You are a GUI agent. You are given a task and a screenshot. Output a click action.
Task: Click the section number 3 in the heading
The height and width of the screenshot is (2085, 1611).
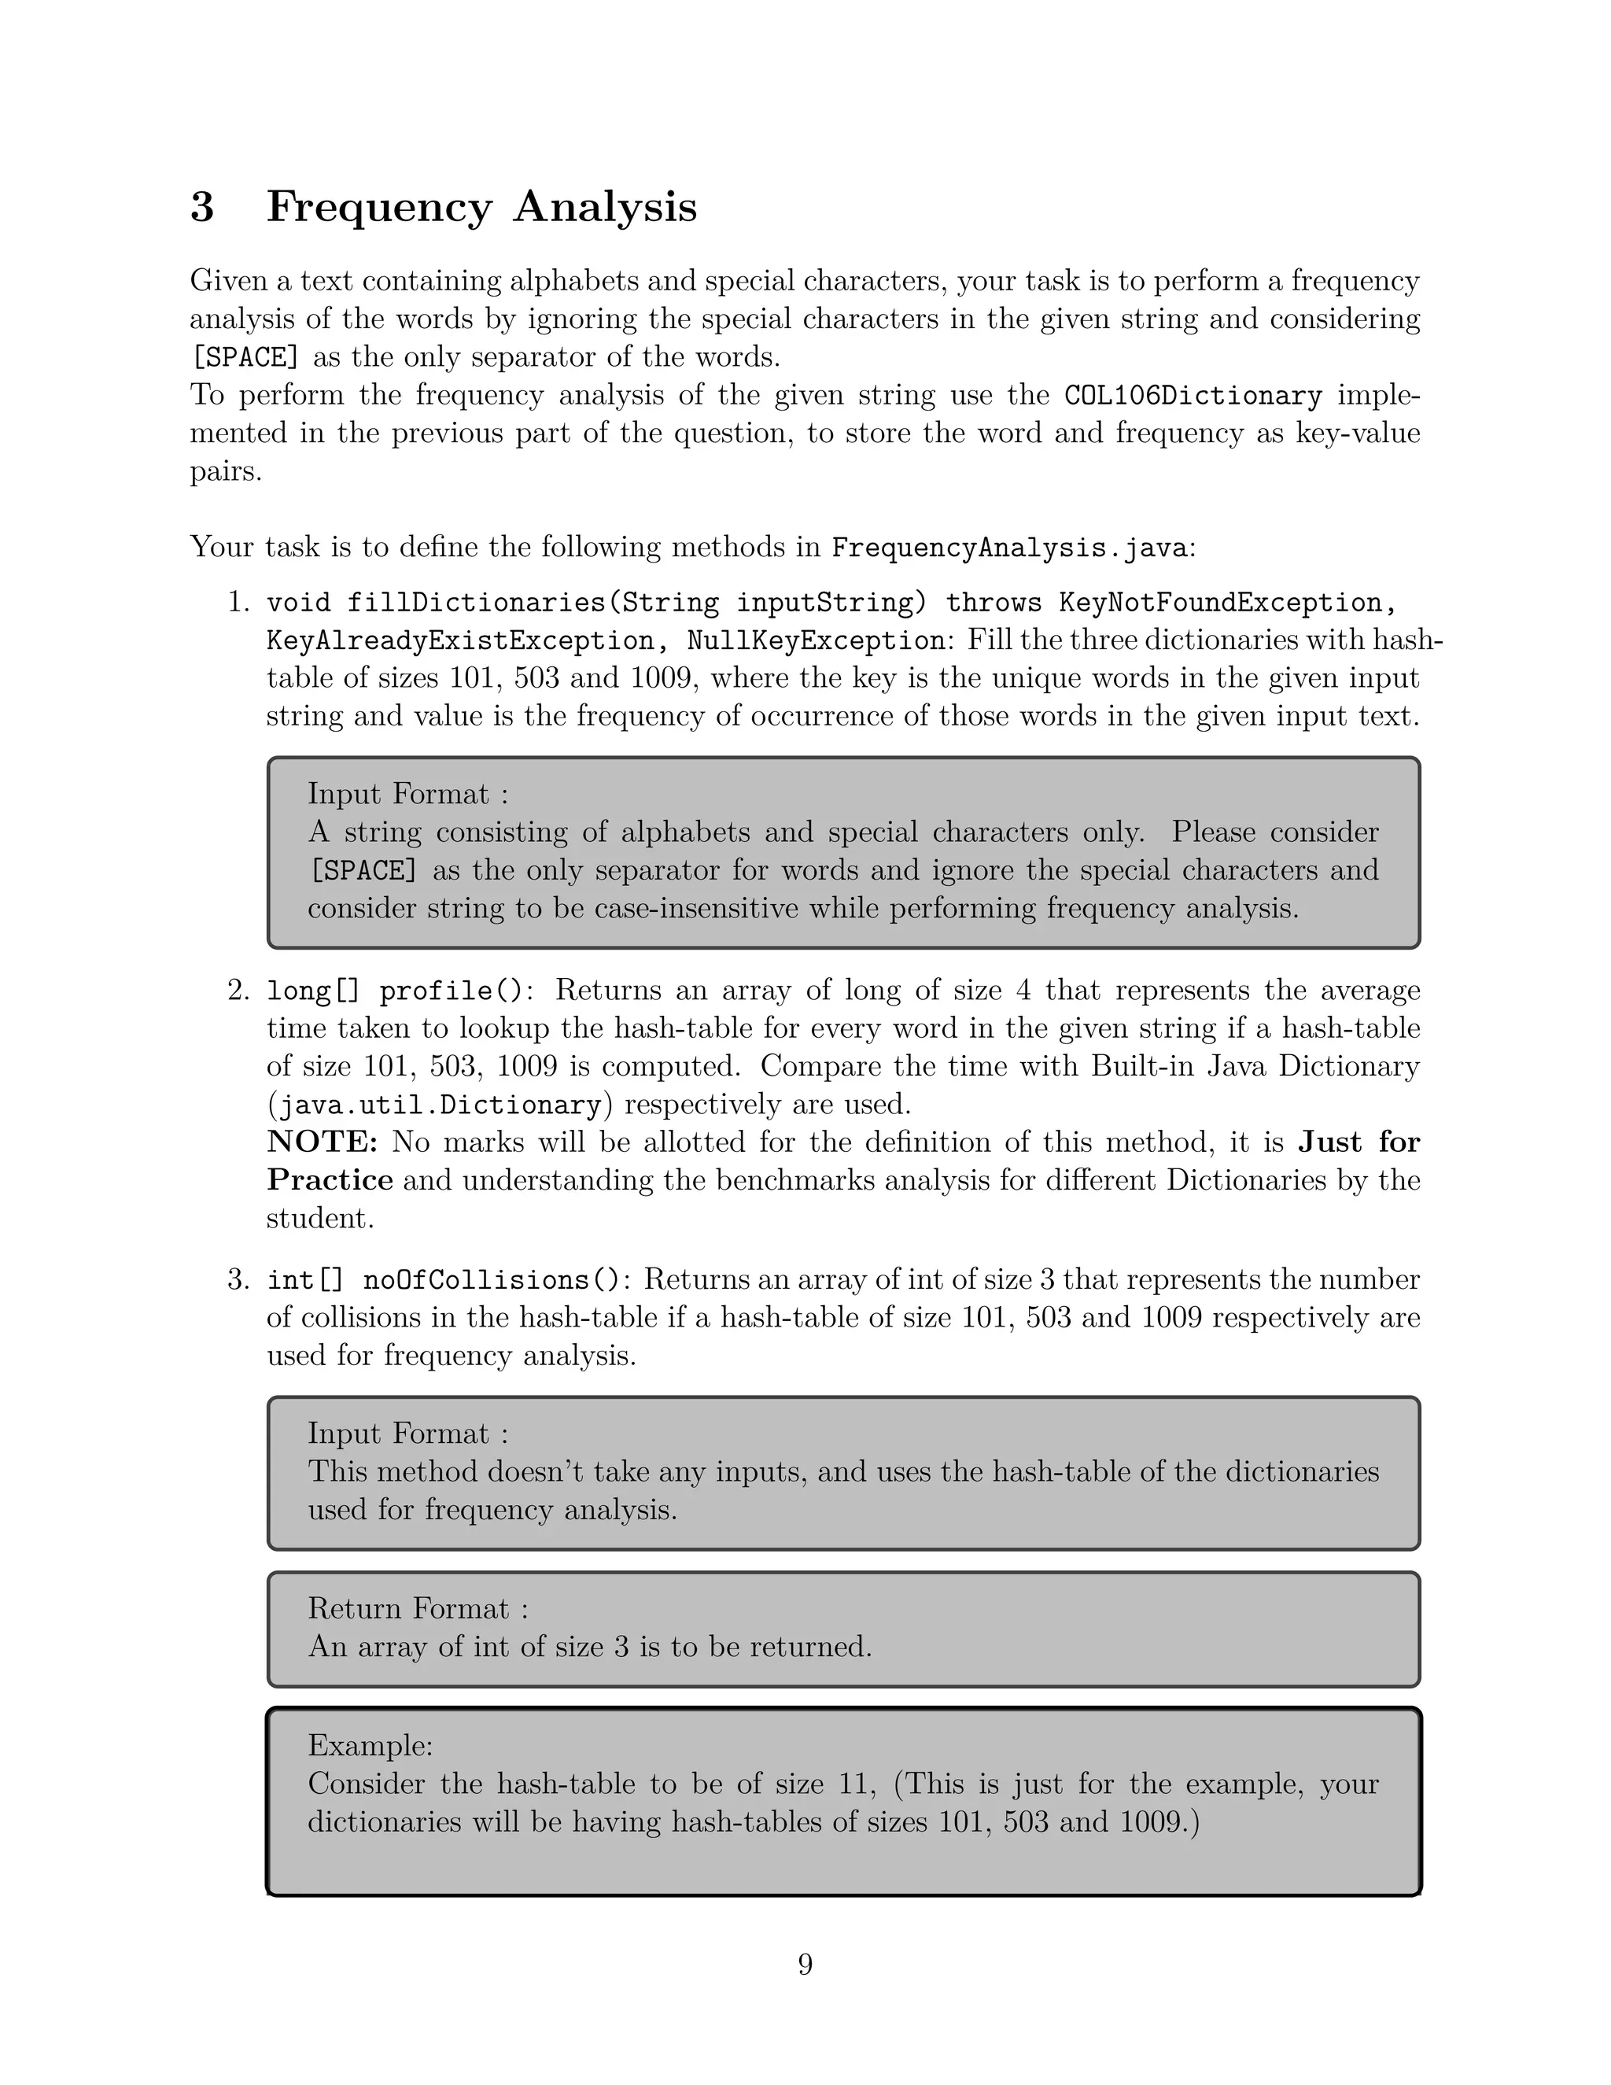(x=201, y=207)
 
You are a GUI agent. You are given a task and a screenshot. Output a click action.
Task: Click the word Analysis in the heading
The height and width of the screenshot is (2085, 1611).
(x=605, y=207)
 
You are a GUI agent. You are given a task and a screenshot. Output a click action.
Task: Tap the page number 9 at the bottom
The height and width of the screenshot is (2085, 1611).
(x=805, y=1964)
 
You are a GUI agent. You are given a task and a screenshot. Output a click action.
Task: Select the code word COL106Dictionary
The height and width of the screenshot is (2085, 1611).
(x=1193, y=395)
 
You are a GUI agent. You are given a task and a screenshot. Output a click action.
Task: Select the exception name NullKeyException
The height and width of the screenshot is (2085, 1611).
(x=816, y=640)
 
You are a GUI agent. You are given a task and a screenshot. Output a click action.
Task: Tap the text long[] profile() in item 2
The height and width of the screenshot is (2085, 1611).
(x=395, y=991)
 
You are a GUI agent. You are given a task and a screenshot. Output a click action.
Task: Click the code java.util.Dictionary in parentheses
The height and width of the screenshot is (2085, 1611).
(x=439, y=1105)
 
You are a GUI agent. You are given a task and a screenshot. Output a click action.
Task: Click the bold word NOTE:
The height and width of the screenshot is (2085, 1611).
(x=323, y=1142)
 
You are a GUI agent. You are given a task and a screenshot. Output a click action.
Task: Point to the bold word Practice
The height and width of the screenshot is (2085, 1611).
(x=330, y=1180)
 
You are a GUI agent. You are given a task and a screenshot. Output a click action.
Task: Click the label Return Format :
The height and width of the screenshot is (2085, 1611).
(x=417, y=1609)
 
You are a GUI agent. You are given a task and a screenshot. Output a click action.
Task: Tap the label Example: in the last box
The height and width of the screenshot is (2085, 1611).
(x=370, y=1745)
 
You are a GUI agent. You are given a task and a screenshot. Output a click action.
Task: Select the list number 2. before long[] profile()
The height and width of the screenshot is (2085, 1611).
(x=238, y=991)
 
